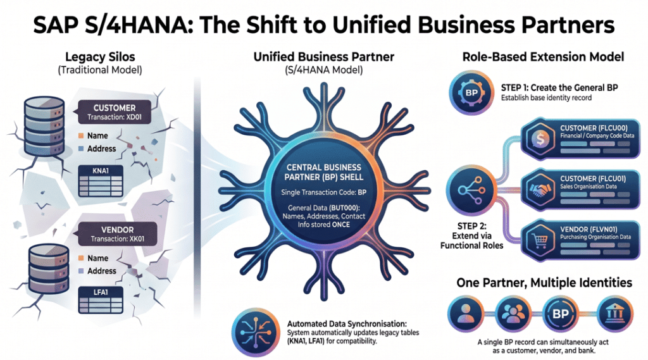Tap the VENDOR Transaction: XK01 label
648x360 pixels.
(x=113, y=234)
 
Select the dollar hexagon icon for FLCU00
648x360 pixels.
(x=540, y=139)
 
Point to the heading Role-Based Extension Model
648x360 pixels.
(x=543, y=57)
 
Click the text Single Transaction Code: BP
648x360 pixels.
(x=323, y=191)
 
